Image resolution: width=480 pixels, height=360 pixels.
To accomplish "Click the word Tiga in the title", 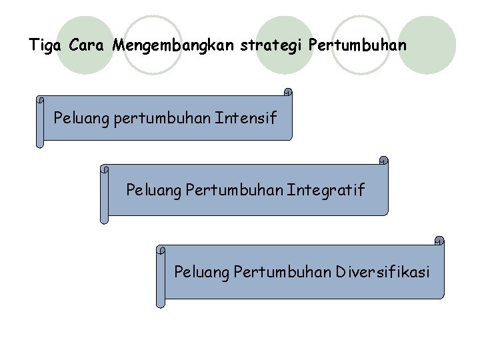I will pyautogui.click(x=45, y=46).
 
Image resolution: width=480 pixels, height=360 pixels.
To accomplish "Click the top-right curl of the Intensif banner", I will pyautogui.click(x=287, y=92).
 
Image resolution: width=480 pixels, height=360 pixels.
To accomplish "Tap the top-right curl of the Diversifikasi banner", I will pyautogui.click(x=439, y=240).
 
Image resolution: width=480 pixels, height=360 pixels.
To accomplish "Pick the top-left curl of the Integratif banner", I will pyautogui.click(x=104, y=169).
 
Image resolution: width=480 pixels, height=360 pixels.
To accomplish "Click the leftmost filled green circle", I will pyautogui.click(x=85, y=45).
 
